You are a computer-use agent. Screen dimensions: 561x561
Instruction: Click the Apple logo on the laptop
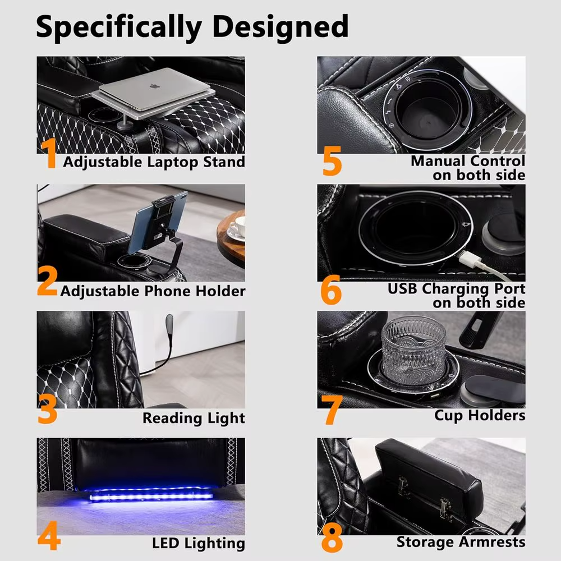(154, 86)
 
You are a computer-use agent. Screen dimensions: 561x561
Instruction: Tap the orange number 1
(49, 153)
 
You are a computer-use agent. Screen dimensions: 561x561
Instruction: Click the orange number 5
(332, 160)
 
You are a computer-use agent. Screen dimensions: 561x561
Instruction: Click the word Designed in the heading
(280, 26)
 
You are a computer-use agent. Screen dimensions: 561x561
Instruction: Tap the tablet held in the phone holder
(158, 222)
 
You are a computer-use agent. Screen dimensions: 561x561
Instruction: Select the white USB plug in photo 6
(467, 259)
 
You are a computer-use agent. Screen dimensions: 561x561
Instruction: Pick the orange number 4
(49, 536)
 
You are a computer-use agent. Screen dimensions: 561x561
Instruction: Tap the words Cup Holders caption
(480, 415)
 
